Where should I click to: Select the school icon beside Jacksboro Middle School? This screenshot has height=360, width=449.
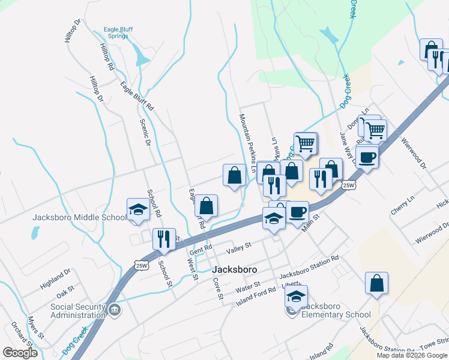(137, 210)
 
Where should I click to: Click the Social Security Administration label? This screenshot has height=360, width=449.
(78, 311)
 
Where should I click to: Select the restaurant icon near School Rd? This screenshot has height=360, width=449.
(163, 239)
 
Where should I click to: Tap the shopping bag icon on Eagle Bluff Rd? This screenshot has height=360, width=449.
(206, 205)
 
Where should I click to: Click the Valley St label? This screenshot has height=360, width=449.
(238, 247)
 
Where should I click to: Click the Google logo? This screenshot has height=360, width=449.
(20, 353)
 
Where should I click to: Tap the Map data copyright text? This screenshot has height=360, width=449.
(412, 355)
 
